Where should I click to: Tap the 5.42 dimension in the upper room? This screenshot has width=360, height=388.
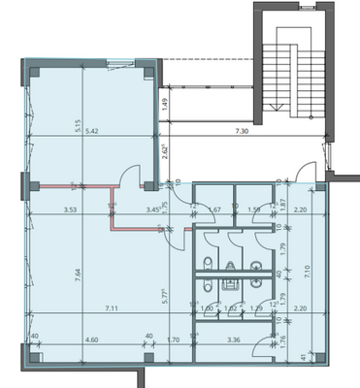(93, 130)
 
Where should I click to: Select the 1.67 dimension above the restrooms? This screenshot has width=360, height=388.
(216, 209)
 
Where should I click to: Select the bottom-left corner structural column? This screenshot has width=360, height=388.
(34, 362)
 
